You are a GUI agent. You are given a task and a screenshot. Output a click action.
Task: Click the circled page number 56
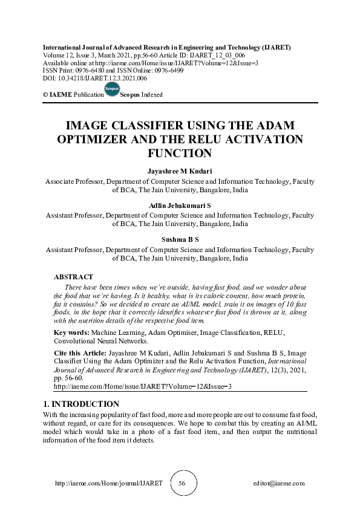tap(182, 484)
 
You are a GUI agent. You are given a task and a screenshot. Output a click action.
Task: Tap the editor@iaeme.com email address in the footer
tap(279, 484)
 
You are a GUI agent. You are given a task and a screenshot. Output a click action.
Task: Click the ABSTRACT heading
tap(73, 276)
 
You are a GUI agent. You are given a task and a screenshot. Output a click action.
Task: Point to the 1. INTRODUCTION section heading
tap(80, 404)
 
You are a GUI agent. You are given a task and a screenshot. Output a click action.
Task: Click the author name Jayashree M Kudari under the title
tap(180, 172)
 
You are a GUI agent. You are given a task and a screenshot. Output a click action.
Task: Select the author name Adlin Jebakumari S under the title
tap(180, 206)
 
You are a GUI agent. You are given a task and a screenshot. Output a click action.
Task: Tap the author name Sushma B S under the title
tap(180, 239)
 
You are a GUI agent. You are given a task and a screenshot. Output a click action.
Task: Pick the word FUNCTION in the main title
tap(180, 153)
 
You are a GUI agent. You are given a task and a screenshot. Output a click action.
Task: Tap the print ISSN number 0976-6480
tap(89, 70)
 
